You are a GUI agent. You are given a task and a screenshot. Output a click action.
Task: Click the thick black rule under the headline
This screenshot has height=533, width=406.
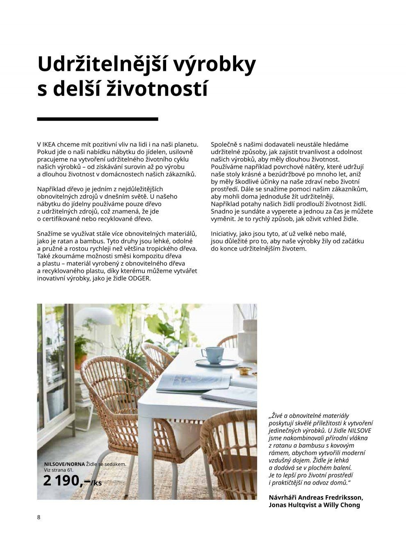pyautogui.click(x=97, y=119)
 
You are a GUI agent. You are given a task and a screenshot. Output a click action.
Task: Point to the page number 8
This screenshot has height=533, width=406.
pyautogui.click(x=39, y=517)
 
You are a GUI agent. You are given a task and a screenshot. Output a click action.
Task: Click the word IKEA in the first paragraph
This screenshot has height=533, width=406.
pyautogui.click(x=50, y=144)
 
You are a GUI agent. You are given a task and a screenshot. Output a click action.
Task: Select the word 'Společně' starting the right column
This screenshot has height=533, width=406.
pyautogui.click(x=224, y=144)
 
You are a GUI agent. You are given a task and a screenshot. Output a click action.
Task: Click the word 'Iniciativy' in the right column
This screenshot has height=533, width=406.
pyautogui.click(x=225, y=234)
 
